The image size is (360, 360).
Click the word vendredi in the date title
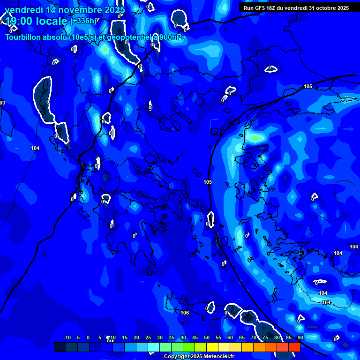tap(23, 10)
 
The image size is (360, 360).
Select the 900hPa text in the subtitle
tap(172, 37)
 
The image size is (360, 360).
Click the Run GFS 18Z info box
tap(296, 7)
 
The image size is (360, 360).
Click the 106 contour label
tap(185, 313)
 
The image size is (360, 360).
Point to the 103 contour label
tap(2, 103)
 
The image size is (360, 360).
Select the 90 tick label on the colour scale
tap(300, 337)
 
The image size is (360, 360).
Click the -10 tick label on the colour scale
tap(67, 337)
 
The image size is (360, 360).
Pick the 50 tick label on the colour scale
tap(207, 337)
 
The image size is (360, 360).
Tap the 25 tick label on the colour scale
tap(148, 337)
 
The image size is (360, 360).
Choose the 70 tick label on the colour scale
tap(254, 337)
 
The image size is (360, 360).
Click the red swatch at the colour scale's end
tap(294, 347)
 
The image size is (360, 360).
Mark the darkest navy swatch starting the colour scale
tap(60, 347)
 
